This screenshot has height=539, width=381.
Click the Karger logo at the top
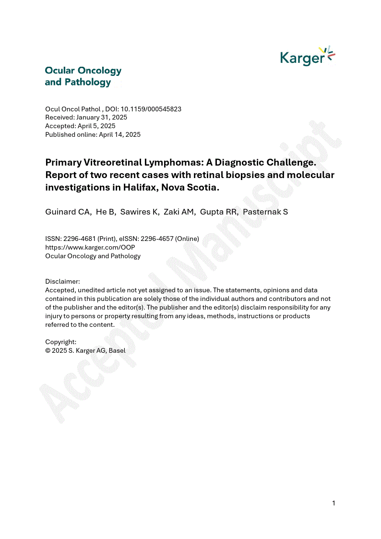[307, 57]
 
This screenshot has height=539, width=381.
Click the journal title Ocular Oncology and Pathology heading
[83, 76]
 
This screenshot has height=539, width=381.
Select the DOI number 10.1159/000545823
[150, 109]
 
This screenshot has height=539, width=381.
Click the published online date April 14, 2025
[119, 134]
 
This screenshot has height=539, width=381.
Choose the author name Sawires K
[140, 212]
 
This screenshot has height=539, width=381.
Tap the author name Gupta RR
[219, 212]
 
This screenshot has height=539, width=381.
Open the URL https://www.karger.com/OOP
[90, 247]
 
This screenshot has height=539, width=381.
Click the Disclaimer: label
[62, 281]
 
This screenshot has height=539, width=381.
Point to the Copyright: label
[61, 342]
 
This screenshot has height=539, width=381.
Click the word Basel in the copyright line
[117, 350]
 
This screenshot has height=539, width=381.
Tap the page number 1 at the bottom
[333, 503]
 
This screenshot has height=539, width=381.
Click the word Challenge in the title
[285, 162]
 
